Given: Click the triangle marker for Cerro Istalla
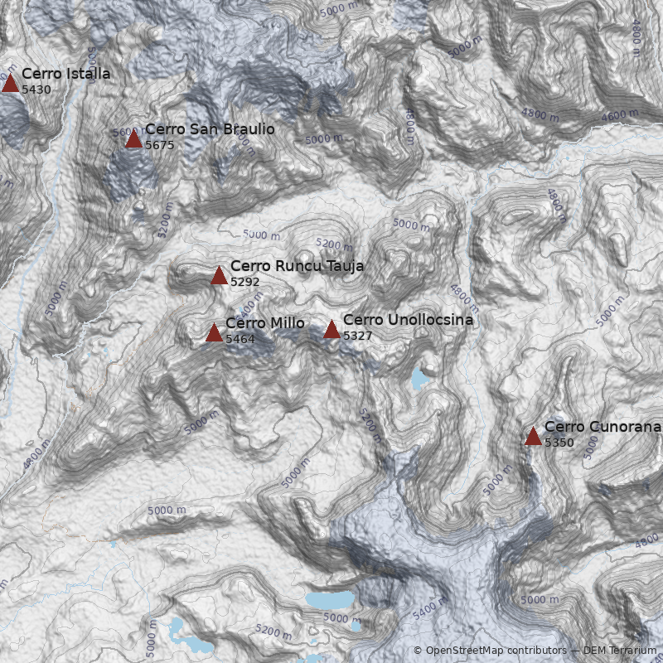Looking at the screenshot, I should pos(10,83).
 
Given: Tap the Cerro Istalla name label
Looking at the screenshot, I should pos(65,74).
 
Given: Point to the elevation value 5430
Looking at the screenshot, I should pos(36,90).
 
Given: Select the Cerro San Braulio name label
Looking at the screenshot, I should pos(210,129).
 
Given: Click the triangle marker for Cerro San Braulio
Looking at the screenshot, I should pos(133,138).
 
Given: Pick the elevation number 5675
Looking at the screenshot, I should pos(160,145).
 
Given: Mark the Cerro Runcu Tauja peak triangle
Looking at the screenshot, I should pos(219,275).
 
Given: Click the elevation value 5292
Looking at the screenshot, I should pos(245,282).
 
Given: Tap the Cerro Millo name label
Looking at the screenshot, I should pos(264,323).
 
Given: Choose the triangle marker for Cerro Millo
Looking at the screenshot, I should pos(214,333).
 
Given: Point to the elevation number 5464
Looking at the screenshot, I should pos(240,339).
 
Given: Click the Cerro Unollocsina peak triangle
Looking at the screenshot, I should pos(331,329).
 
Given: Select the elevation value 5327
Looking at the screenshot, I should pos(358,336).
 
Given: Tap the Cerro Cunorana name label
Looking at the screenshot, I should pos(603,427).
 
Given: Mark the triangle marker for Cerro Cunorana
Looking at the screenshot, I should pos(533,436).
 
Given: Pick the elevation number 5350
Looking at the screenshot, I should pos(559,443).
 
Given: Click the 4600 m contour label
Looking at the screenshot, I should pos(620,116).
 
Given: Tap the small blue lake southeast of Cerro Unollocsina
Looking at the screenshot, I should pos(420,380).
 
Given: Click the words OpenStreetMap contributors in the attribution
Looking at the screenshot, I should pos(496,651).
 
